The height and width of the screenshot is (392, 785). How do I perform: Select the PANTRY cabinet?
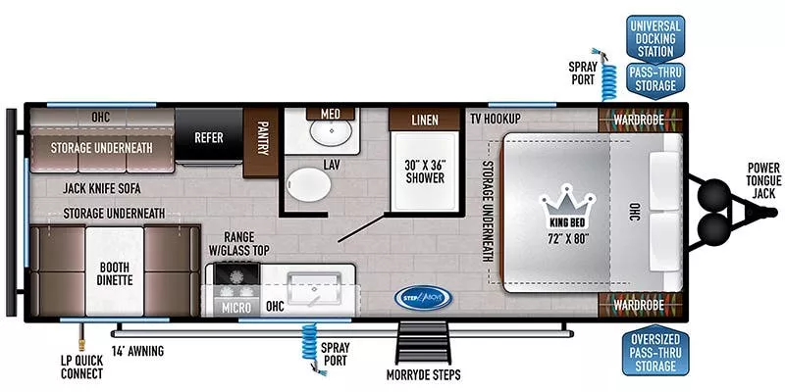click(x=262, y=139)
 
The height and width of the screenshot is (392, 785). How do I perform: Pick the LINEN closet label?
click(x=424, y=121)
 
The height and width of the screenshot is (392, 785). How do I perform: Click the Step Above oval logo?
click(x=419, y=296)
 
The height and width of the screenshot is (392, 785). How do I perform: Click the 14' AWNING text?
click(x=137, y=350)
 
